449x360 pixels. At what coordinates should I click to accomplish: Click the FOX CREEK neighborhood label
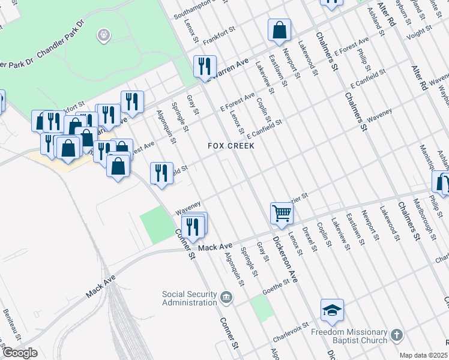coord(231,146)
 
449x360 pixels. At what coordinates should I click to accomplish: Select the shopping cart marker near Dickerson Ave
coord(282,214)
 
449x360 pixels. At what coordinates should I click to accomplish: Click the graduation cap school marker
coord(332,310)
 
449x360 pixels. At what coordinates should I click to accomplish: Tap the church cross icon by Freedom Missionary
coord(396,335)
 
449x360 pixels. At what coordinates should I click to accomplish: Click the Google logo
coord(20,353)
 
